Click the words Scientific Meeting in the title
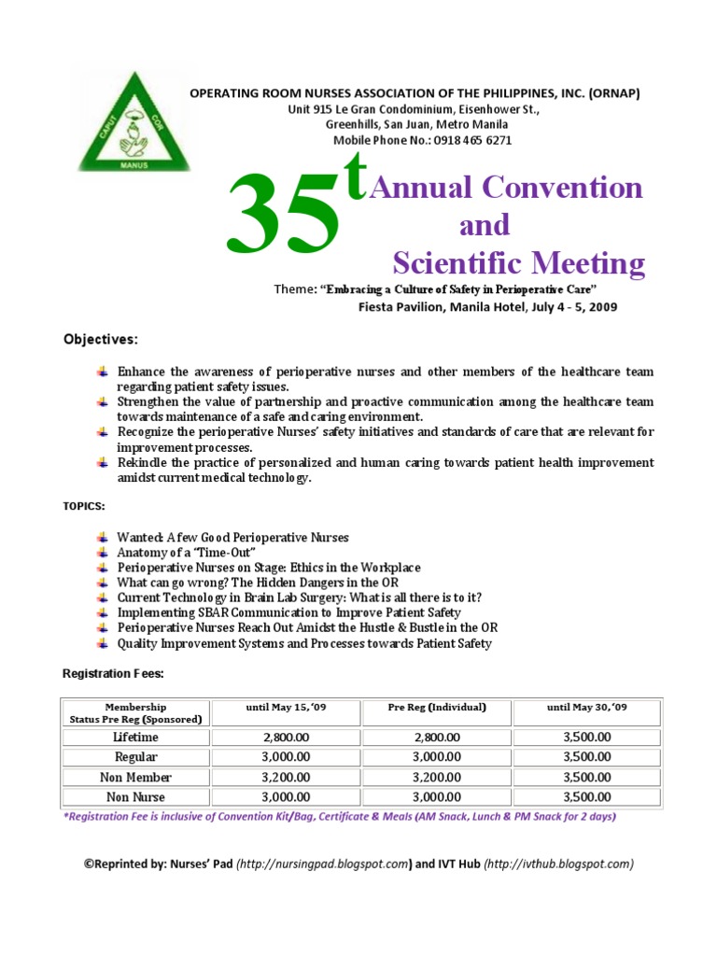point(518,263)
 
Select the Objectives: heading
point(100,337)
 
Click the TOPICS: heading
point(83,505)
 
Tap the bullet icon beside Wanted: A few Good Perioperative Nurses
point(102,537)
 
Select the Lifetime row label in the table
point(135,737)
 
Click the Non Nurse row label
point(135,796)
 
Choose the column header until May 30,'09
point(586,707)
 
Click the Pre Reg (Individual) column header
point(436,707)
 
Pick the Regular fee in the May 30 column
point(586,756)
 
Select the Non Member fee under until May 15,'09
point(286,777)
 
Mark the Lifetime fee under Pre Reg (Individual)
point(436,737)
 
